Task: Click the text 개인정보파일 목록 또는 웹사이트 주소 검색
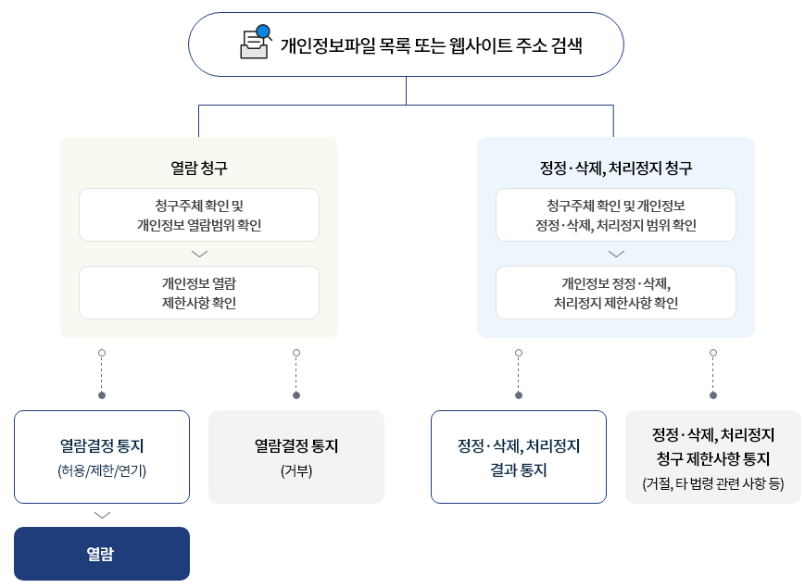pos(431,44)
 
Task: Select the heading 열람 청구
pos(199,168)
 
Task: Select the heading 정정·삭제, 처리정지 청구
pos(616,168)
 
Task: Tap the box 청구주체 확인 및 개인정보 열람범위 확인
pos(199,215)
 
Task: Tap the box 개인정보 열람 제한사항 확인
pos(199,293)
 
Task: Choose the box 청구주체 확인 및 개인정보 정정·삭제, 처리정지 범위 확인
pos(616,215)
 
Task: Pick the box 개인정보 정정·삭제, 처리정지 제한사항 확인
pos(616,293)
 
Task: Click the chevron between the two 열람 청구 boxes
pos(199,254)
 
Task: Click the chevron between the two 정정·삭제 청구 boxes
pos(616,254)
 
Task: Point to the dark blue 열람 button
pos(102,554)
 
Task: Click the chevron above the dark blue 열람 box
pos(102,515)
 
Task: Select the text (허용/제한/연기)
pos(102,469)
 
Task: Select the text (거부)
pos(296,469)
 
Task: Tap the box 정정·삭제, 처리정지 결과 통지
pos(519,457)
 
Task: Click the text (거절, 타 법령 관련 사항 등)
pos(713,482)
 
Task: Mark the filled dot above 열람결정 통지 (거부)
pos(296,395)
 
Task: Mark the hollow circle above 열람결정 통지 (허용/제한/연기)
pos(102,353)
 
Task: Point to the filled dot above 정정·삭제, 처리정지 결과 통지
pos(519,395)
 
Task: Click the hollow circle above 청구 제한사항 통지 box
pos(713,353)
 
